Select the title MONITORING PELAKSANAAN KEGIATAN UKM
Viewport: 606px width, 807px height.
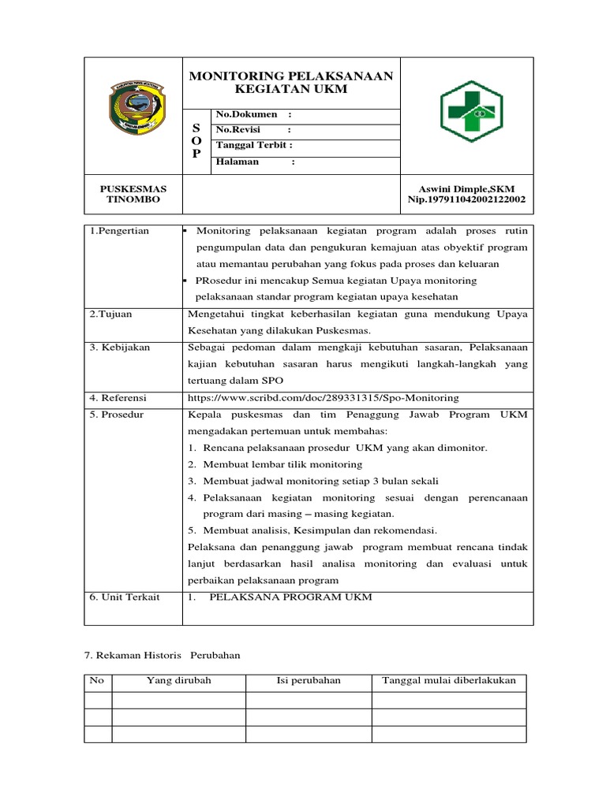coord(291,82)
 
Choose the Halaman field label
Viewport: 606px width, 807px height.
coord(239,162)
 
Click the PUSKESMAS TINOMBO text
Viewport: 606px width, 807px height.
coord(133,194)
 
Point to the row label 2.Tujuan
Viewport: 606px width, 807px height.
coord(111,314)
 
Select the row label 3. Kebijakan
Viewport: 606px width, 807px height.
coord(119,347)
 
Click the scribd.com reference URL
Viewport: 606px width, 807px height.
coord(323,398)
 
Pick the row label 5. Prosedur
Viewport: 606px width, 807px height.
coord(117,415)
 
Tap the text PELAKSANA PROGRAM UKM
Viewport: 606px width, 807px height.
coord(289,597)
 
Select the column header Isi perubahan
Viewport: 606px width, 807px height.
coord(308,681)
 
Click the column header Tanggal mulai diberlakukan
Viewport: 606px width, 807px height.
coord(448,681)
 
